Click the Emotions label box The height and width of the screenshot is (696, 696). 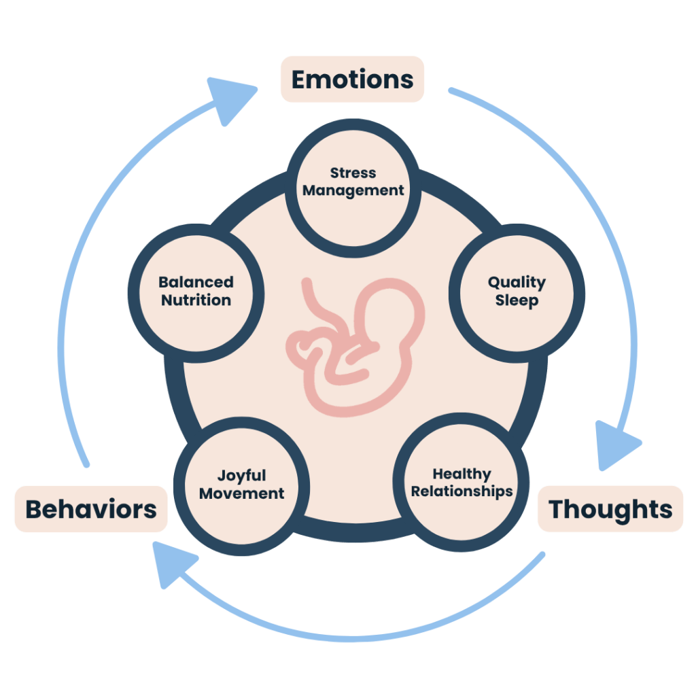(x=352, y=80)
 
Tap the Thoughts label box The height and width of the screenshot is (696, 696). (x=610, y=509)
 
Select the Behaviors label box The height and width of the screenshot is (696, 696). (x=91, y=509)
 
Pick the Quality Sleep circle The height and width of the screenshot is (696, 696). (x=517, y=291)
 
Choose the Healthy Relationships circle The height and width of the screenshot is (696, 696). (x=462, y=483)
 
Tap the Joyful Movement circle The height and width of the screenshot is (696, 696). (x=241, y=485)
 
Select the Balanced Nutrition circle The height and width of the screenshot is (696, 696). (x=196, y=291)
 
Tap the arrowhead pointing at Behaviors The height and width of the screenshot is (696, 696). (x=168, y=563)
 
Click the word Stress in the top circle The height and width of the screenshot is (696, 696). (x=353, y=173)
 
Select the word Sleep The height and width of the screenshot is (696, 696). (x=517, y=300)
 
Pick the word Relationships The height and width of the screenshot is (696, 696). (x=462, y=491)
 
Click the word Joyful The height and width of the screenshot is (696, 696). (x=241, y=476)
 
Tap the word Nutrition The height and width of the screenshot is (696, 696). (x=196, y=300)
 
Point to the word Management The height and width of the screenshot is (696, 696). (x=353, y=191)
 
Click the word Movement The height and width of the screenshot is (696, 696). (x=241, y=493)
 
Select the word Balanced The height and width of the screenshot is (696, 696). (x=196, y=282)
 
